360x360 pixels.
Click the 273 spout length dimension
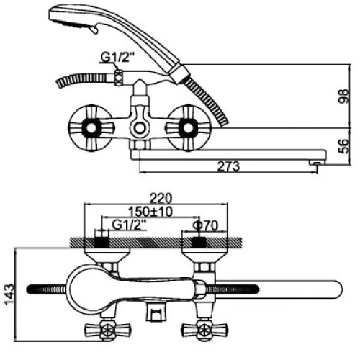(x=228, y=166)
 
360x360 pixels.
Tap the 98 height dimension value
(x=343, y=96)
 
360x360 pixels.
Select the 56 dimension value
(x=344, y=146)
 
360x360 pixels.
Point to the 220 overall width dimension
(x=161, y=198)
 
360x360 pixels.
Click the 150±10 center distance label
(x=150, y=212)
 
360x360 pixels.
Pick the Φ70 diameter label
(x=205, y=225)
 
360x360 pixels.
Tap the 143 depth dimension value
(x=9, y=294)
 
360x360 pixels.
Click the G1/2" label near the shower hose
(x=117, y=57)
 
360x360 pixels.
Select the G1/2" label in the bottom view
(x=130, y=225)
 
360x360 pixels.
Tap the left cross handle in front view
(x=90, y=128)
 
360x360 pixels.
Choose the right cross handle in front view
(x=188, y=128)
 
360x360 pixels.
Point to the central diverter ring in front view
(x=139, y=128)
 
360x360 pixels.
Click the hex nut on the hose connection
(x=119, y=78)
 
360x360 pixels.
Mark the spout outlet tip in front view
(x=317, y=163)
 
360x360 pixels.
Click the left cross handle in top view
(x=108, y=330)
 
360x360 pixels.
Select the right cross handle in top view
(x=204, y=330)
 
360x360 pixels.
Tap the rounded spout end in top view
(x=336, y=289)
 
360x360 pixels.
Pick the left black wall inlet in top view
(x=102, y=243)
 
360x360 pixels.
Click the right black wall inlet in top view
(x=199, y=243)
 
